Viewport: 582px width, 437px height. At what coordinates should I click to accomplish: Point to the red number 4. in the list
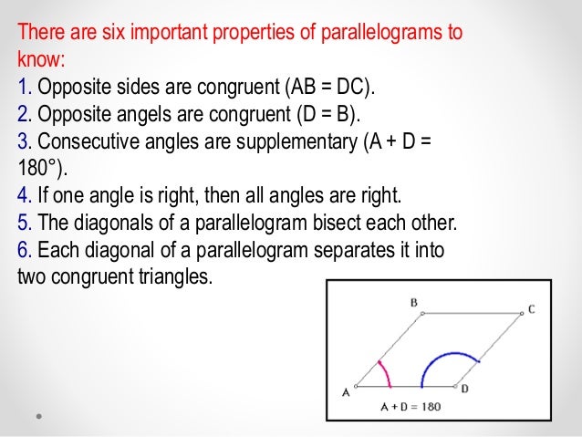coord(25,195)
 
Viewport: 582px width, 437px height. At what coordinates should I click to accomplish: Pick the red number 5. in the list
coord(25,222)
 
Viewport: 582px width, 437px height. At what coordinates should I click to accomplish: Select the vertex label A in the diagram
coord(346,393)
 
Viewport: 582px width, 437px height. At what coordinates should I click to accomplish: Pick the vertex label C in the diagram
coord(531,309)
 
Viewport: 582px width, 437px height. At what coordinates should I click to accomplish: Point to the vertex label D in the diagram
coord(465,390)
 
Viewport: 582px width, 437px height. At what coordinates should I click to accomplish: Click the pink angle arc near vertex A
coord(385,372)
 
